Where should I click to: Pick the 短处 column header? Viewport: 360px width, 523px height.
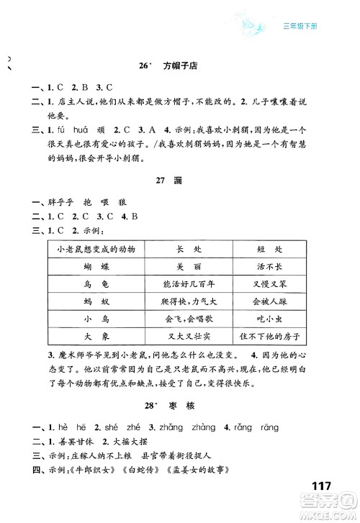point(267,249)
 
